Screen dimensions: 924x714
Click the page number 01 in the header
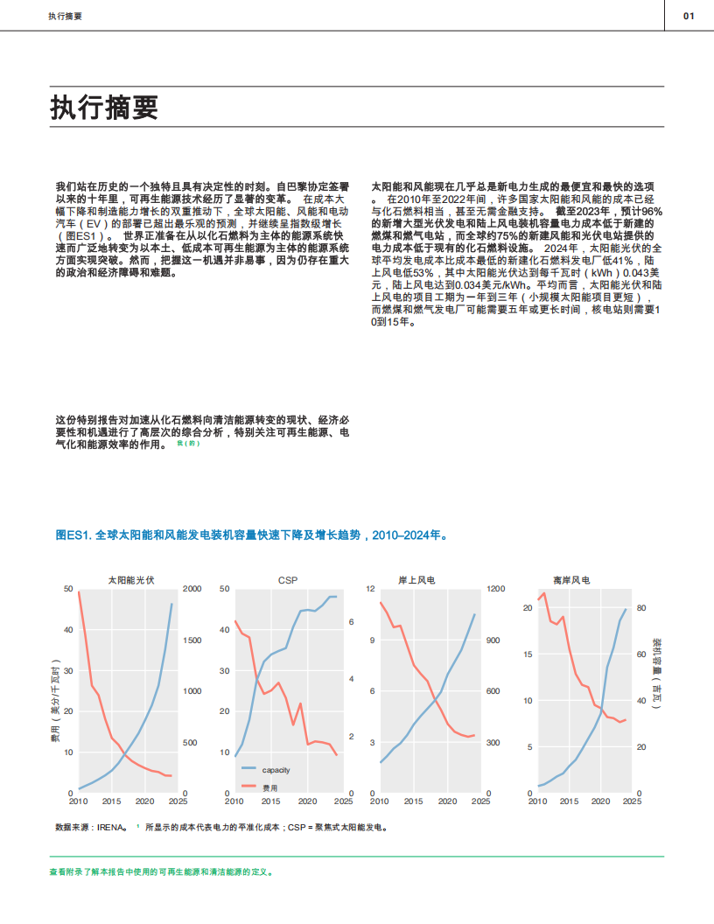(x=689, y=16)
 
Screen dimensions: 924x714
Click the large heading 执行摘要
(x=104, y=108)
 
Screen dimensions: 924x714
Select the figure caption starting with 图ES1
(x=252, y=534)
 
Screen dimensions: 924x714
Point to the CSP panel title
(x=287, y=580)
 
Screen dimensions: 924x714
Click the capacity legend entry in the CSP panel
(x=275, y=770)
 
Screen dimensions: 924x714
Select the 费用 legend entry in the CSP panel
(x=269, y=787)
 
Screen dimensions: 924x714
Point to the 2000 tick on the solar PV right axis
(x=191, y=589)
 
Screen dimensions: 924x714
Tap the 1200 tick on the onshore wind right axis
(x=496, y=589)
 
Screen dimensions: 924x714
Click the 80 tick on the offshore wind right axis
(x=640, y=608)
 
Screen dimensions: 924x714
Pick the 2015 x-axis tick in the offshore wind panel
(x=569, y=801)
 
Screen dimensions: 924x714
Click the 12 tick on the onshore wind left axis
(x=370, y=589)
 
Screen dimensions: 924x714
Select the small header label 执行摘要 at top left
(x=66, y=16)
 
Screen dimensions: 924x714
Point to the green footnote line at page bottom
(x=162, y=872)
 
